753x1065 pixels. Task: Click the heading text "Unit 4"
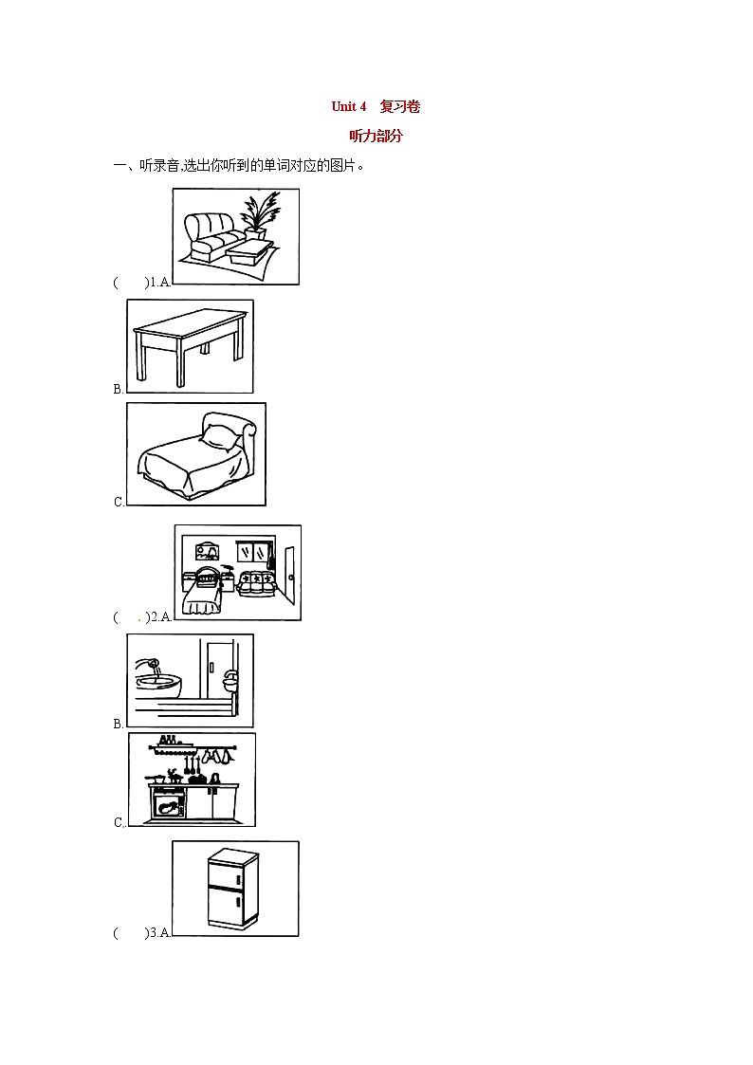[348, 106]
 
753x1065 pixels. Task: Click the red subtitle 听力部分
[376, 136]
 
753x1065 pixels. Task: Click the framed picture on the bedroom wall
[207, 551]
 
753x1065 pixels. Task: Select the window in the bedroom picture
[254, 552]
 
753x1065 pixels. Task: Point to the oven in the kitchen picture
[169, 805]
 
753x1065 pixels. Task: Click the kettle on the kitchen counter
[215, 779]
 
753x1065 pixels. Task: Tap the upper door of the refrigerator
[232, 872]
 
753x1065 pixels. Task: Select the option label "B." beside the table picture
[119, 389]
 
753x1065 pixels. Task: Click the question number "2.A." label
[159, 617]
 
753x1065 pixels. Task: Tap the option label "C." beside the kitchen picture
[119, 822]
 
